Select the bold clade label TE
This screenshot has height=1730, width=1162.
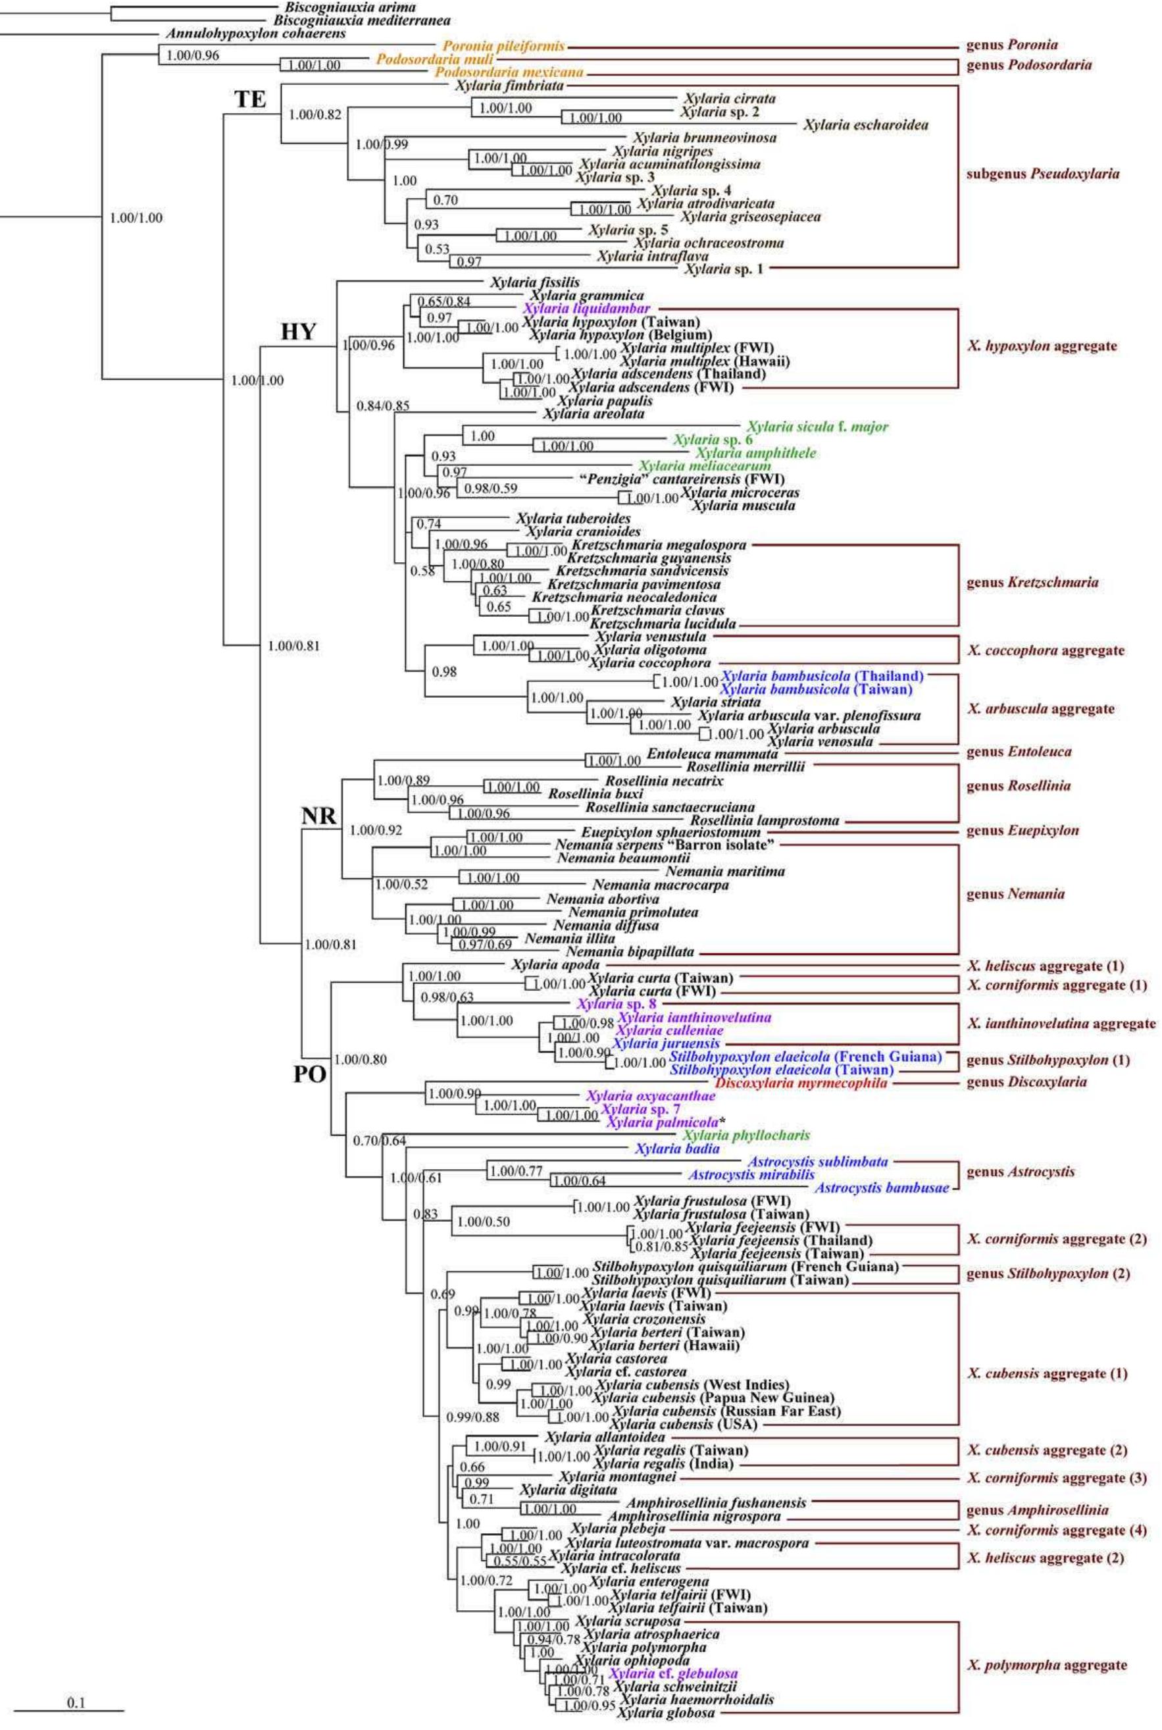251,99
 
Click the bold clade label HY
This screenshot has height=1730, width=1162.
298,334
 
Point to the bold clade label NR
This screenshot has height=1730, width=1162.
318,816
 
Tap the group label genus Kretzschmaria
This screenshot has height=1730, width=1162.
1032,583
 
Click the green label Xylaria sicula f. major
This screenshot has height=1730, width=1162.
817,427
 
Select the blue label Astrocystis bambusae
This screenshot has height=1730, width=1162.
882,1188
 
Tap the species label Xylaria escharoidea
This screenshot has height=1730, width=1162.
865,125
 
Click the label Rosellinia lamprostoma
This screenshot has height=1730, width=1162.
765,820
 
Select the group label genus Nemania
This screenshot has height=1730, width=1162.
1015,894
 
